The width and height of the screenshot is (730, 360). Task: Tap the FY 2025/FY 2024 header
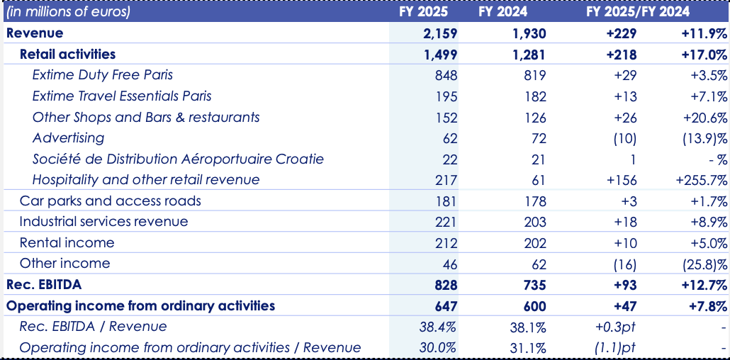638,11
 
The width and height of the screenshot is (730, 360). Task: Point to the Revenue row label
35,33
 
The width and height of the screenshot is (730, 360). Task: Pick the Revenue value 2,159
440,33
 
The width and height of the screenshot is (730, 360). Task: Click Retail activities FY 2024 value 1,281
529,54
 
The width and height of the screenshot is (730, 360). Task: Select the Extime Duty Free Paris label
103,74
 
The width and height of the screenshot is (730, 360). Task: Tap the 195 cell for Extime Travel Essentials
447,96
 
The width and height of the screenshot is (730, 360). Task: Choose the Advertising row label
68,137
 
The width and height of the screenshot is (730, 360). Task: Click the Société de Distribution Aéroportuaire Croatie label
178,159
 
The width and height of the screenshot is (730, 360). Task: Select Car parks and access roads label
110,201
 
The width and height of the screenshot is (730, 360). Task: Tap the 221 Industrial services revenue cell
447,222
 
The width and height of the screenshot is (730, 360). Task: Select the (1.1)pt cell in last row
618,347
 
